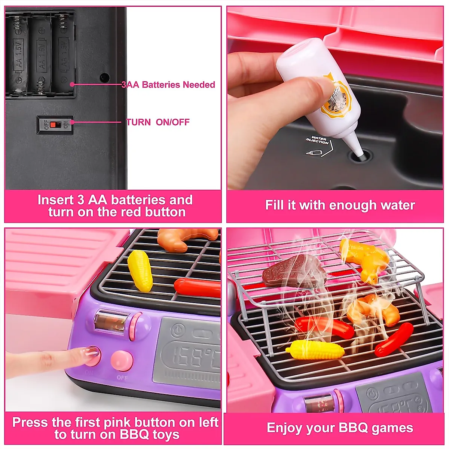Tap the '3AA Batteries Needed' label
168,85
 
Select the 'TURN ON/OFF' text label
158,122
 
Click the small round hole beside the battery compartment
104,77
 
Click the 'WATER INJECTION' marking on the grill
317,141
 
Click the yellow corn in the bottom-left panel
140,270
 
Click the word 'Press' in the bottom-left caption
31,422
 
